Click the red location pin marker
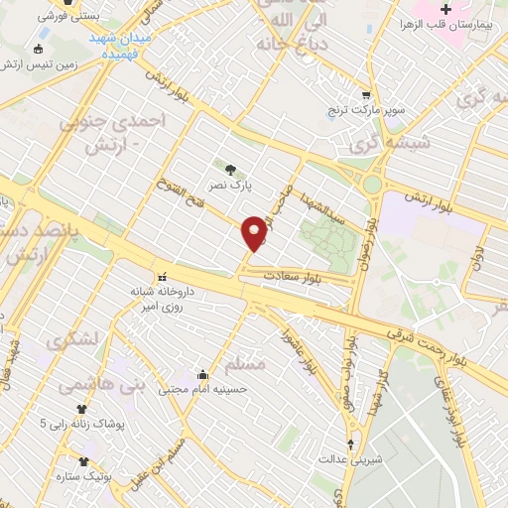tap(255, 232)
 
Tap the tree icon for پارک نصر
tap(231, 169)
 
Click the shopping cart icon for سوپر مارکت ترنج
tap(366, 96)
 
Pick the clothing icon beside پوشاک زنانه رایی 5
tap(83, 409)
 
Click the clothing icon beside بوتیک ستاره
tap(83, 461)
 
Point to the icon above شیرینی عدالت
tap(349, 444)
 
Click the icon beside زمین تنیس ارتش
tap(39, 50)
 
